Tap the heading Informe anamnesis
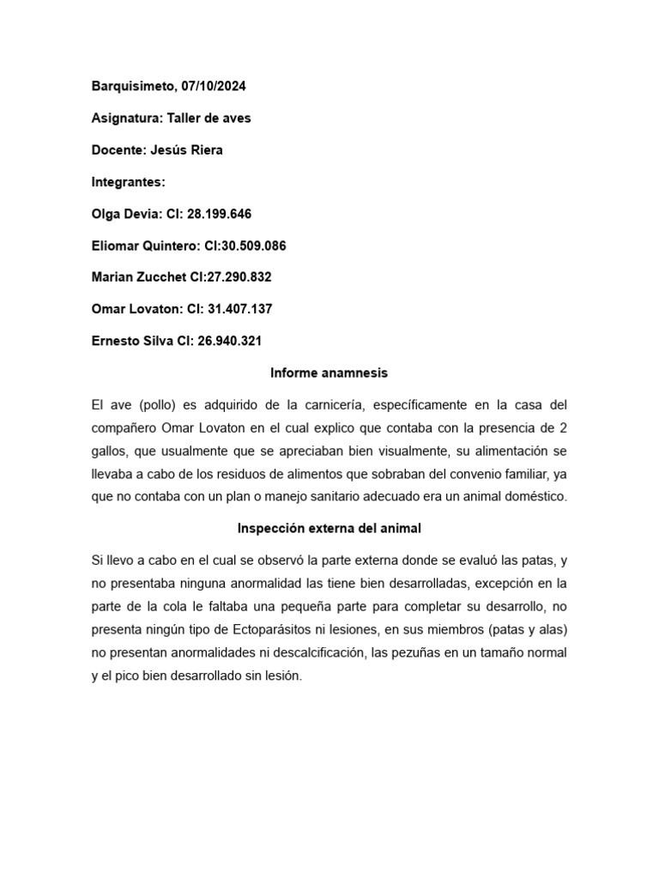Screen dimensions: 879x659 329,373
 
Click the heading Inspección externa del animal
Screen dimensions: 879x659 329,529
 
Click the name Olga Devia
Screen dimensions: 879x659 124,214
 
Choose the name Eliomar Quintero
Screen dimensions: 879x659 143,246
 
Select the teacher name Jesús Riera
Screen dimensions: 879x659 186,150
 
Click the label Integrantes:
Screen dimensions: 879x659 128,182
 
